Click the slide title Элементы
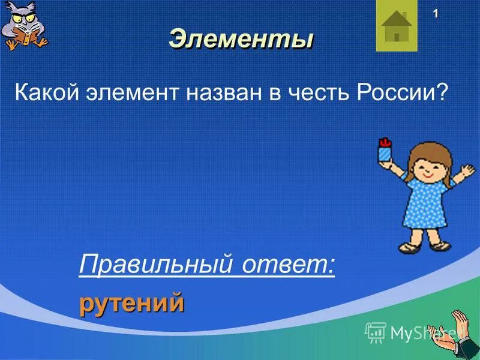pyautogui.click(x=241, y=40)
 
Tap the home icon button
pyautogui.click(x=396, y=26)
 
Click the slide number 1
pyautogui.click(x=435, y=14)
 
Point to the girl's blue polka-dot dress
pyautogui.click(x=426, y=207)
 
